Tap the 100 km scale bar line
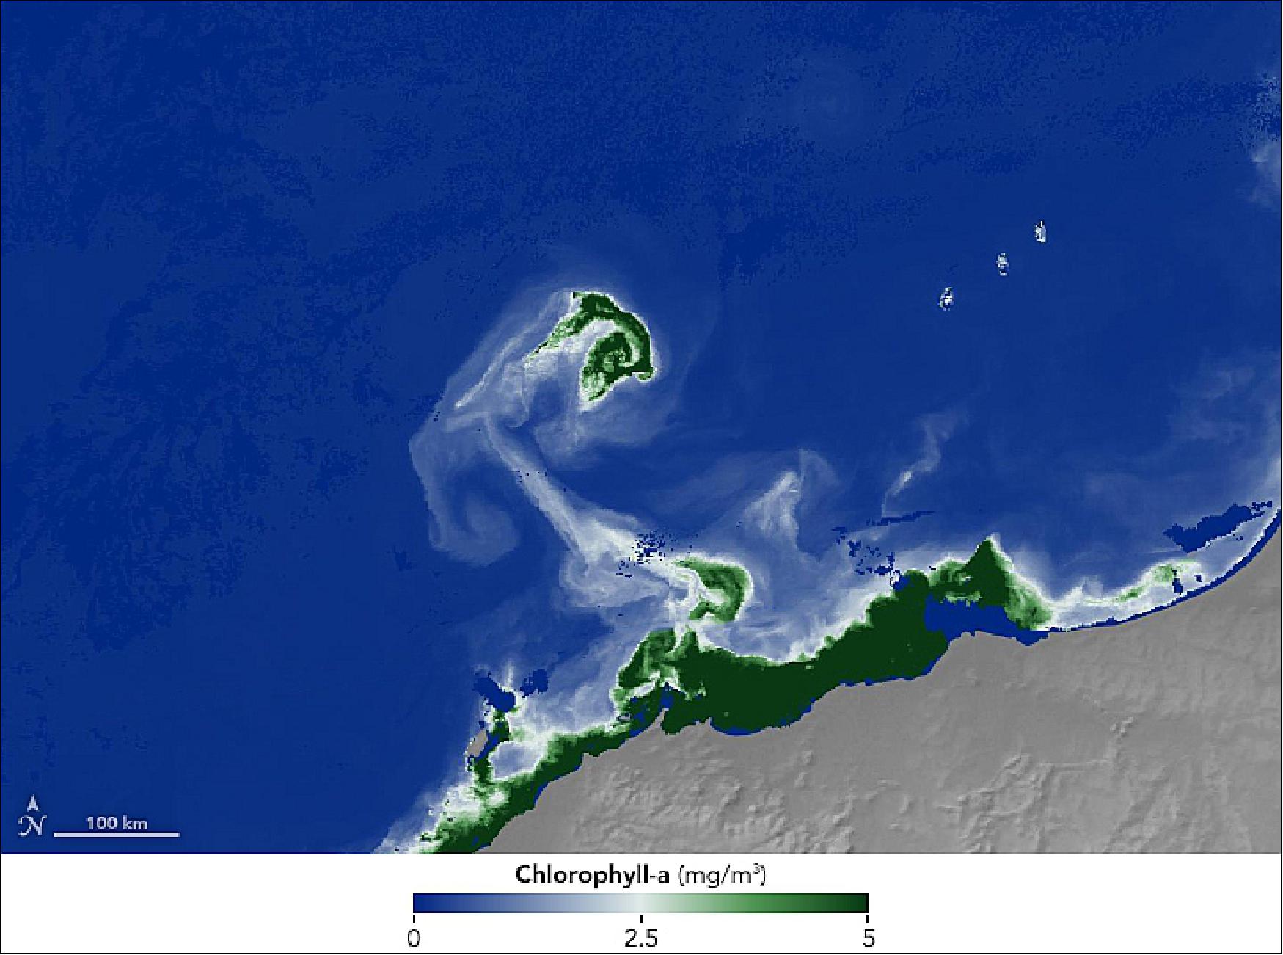coord(117,835)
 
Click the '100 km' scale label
coord(117,823)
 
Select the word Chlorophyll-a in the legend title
coord(592,875)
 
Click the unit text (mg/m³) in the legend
coord(722,875)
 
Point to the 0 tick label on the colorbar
coord(414,939)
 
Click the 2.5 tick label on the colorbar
coord(640,939)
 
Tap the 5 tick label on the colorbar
coord(868,939)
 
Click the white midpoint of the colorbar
coord(641,903)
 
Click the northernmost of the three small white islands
coord(1040,232)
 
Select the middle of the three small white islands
coord(1002,264)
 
